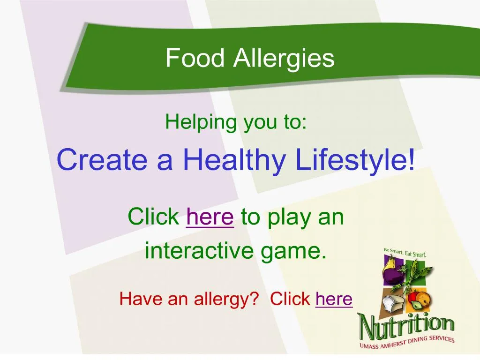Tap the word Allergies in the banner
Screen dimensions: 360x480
pos(284,59)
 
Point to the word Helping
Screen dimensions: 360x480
pos(201,123)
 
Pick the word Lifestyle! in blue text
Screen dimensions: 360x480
pos(355,159)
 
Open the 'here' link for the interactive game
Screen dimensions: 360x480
pos(210,217)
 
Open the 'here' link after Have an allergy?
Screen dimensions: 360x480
pos(334,299)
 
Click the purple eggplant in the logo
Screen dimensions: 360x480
pos(391,274)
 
